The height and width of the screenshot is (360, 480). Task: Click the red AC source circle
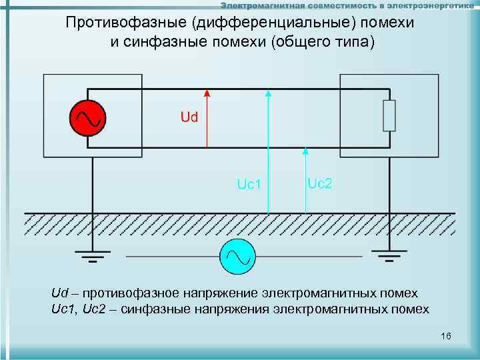[87, 117]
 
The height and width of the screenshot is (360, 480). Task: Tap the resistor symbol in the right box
[389, 116]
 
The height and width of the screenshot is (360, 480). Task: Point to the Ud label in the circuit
[189, 117]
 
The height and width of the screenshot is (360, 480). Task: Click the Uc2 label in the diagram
[319, 182]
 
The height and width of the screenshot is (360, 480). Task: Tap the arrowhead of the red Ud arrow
[207, 94]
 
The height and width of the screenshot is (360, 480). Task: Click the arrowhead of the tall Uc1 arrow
[268, 94]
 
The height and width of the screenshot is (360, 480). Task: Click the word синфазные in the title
[169, 42]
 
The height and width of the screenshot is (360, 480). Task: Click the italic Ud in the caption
[60, 293]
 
